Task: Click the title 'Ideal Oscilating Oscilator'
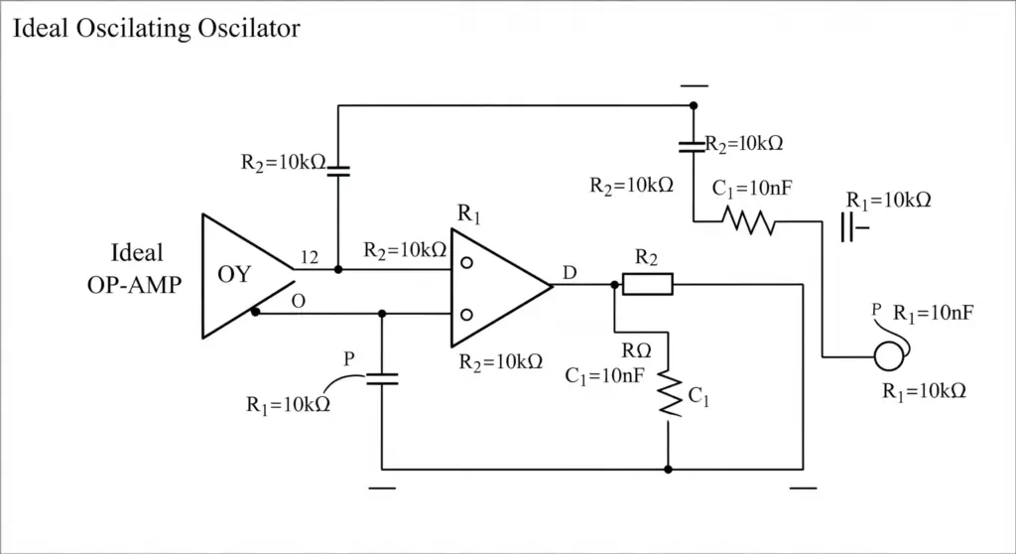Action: (x=156, y=29)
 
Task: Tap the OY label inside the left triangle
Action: (x=234, y=274)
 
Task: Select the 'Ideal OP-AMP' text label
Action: (x=135, y=269)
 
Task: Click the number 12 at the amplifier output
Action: (x=310, y=257)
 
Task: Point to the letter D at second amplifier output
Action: (x=570, y=272)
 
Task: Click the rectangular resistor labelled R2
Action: (x=648, y=284)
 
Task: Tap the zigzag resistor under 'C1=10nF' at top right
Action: (x=749, y=220)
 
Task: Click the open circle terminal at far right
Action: (x=888, y=356)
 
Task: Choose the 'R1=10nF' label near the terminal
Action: (x=933, y=314)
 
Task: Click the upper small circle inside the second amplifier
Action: (x=466, y=263)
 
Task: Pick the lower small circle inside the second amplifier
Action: (x=466, y=316)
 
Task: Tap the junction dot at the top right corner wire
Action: (x=694, y=105)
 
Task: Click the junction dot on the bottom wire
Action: (x=668, y=469)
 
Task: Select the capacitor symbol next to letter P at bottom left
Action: (x=382, y=379)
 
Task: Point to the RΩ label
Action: (x=636, y=350)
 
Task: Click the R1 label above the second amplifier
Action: (x=469, y=213)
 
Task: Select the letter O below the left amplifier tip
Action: (x=298, y=301)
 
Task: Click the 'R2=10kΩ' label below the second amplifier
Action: (x=501, y=362)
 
